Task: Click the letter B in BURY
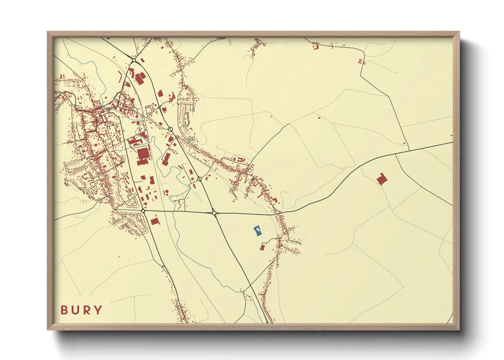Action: coord(64,310)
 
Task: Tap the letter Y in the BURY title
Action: coord(98,310)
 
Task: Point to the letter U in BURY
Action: coord(75,310)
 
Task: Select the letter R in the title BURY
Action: coord(86,310)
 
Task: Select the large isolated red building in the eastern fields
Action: coord(382,179)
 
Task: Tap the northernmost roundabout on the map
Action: coord(134,60)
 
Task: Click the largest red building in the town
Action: coord(143,156)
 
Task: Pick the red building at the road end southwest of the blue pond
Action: coord(262,247)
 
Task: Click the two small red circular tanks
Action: coord(167,192)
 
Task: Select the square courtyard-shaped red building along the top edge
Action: coord(315,46)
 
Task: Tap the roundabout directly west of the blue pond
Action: coord(214,213)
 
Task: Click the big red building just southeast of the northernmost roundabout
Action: coord(140,78)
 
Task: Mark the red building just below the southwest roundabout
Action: coord(155,222)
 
